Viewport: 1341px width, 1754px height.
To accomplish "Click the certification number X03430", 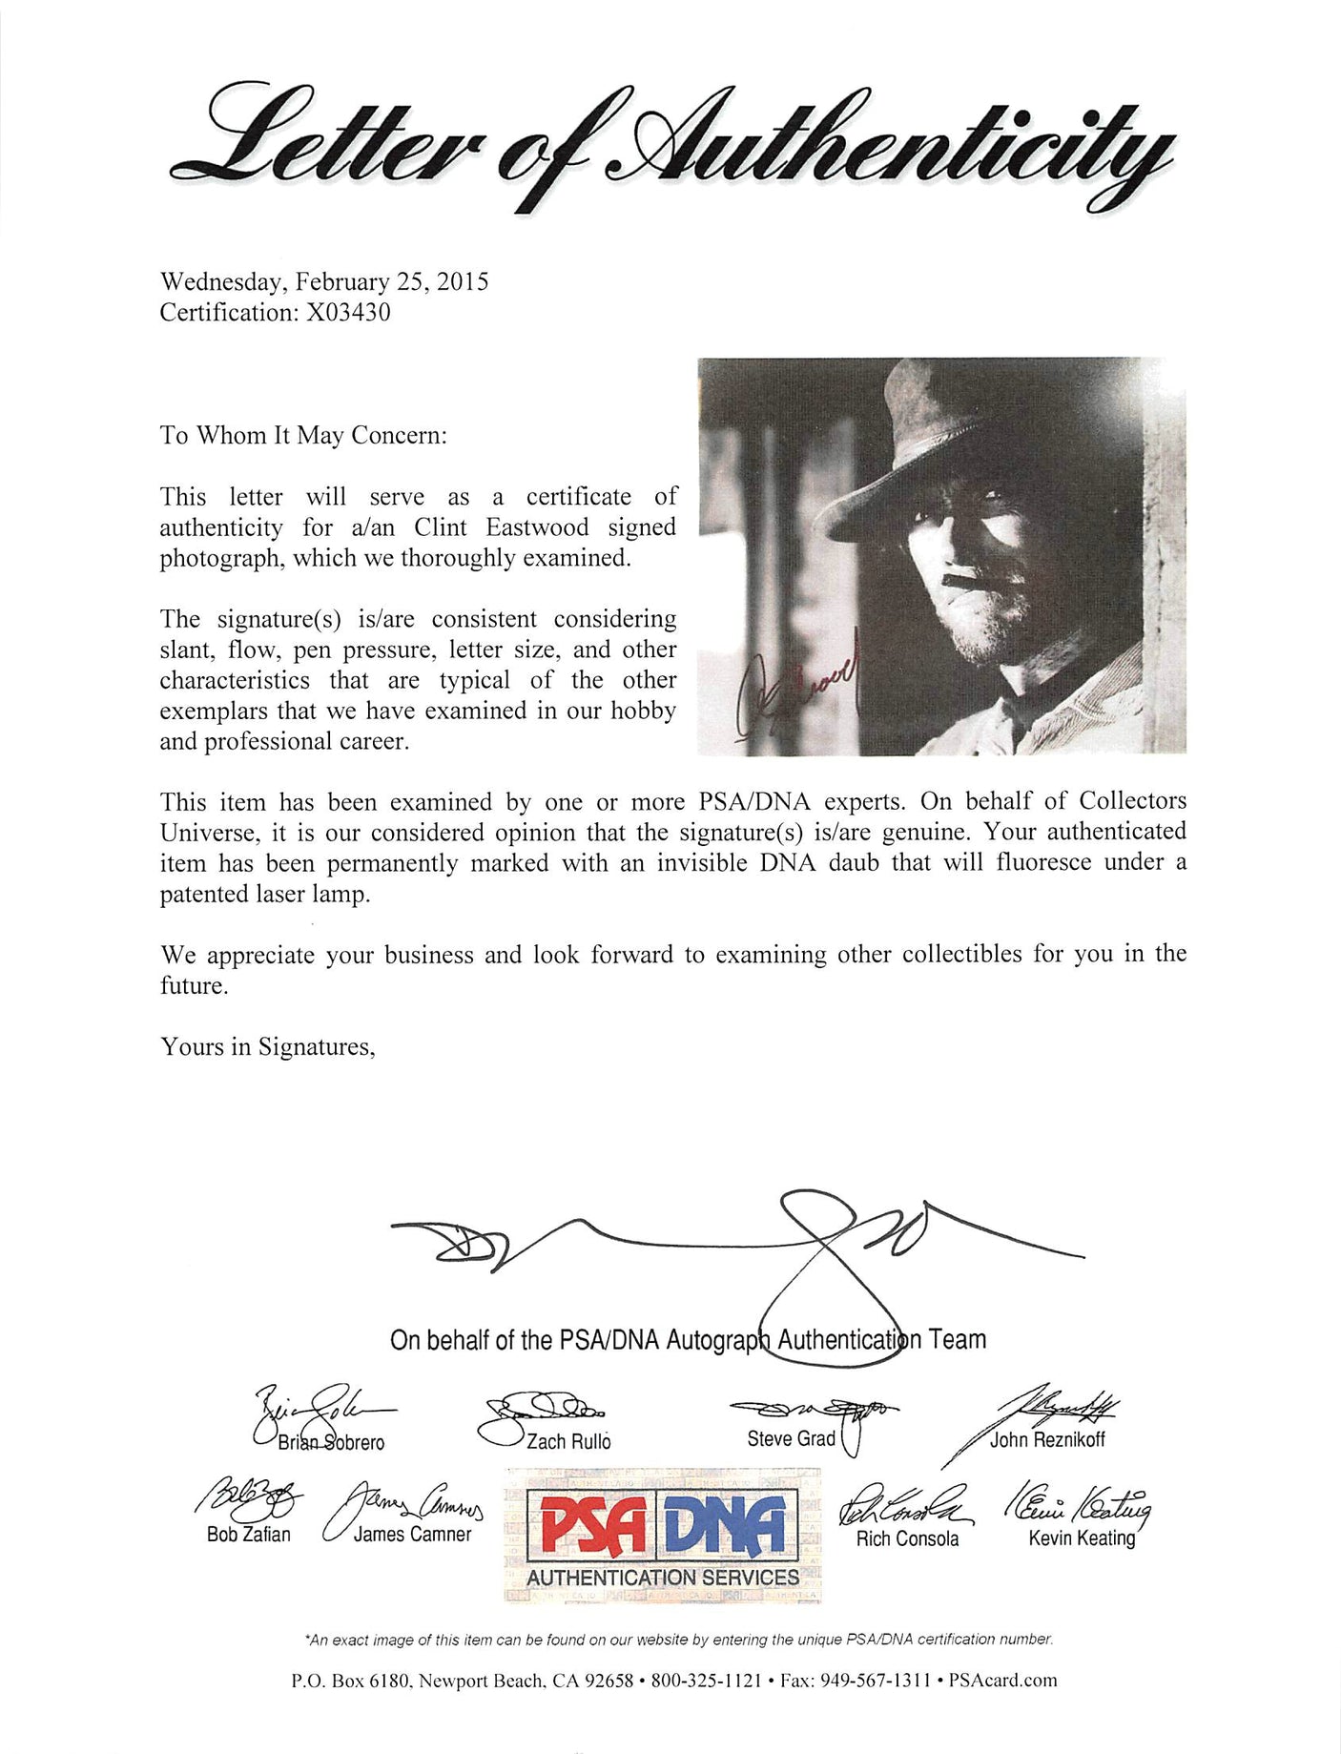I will [347, 313].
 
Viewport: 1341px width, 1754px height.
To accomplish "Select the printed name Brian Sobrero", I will [331, 1442].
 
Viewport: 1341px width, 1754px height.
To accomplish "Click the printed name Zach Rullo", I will [568, 1441].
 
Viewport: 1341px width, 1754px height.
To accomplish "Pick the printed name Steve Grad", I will [791, 1438].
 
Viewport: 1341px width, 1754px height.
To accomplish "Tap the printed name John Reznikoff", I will [1047, 1439].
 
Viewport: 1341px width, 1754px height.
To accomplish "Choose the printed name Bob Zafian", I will [248, 1535].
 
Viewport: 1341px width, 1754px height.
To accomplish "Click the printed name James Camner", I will [412, 1535].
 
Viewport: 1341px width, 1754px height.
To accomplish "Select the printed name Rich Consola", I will [907, 1538].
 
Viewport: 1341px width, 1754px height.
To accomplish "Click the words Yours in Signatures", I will [267, 1047].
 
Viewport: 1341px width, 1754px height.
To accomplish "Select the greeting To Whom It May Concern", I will [302, 436].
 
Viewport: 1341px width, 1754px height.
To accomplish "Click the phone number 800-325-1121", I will [706, 1681].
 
